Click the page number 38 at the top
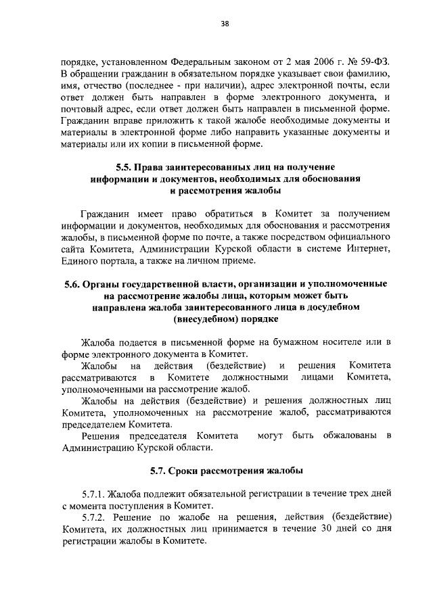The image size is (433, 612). tap(224, 24)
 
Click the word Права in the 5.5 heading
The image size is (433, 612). tap(148, 168)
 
